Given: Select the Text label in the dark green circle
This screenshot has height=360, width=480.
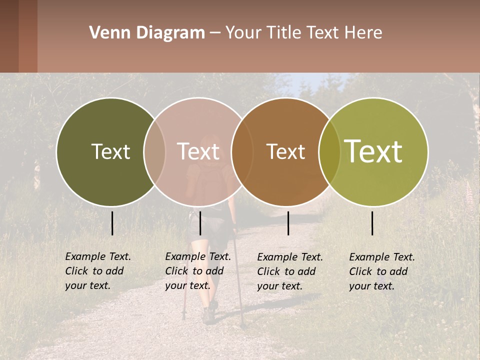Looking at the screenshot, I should pos(110,151).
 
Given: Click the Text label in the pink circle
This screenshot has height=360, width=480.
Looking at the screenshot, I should pos(198,151).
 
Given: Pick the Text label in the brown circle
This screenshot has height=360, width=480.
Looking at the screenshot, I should pos(285,151).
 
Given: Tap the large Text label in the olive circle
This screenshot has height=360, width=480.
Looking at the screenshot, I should pos(373,151).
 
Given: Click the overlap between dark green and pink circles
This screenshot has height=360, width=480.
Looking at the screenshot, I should pos(154,152).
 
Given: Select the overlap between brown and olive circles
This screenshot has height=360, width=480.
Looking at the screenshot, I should pos(329,152).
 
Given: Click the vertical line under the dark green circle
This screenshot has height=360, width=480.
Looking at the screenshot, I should pos(112,223).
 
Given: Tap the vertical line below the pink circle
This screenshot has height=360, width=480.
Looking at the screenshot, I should pos(200,223).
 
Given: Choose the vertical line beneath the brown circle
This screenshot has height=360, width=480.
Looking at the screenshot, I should pos(288,223).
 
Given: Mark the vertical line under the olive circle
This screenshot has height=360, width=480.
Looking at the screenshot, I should pos(372,223).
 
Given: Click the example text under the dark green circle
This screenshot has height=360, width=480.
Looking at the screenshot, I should pos(98,271).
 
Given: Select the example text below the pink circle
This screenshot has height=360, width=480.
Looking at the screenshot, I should pos(198,271).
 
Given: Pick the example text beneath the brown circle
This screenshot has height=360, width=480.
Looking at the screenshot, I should pos(290,271).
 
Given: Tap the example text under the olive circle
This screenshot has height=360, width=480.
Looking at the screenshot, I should pos(382,271).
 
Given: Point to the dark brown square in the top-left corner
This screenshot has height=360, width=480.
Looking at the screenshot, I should pos(9,36).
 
